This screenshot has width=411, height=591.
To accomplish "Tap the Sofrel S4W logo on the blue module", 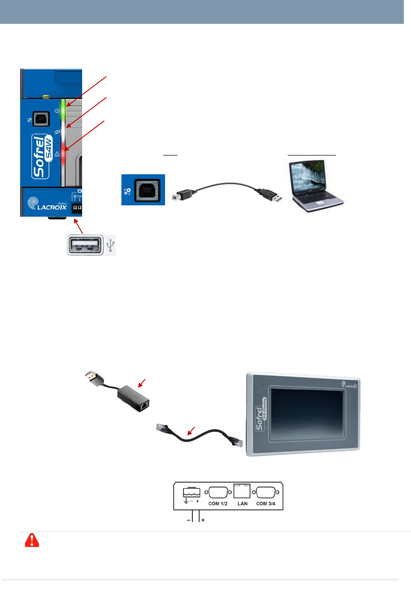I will pyautogui.click(x=42, y=156).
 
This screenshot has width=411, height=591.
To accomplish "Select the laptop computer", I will pyautogui.click(x=315, y=186).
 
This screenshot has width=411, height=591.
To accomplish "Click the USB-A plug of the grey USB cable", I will pyautogui.click(x=271, y=195).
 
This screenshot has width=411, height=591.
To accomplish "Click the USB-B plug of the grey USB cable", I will pyautogui.click(x=182, y=195).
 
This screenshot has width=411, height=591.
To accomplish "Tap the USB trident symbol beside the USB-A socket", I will pyautogui.click(x=110, y=245).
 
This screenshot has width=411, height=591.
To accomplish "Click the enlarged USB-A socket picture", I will pyautogui.click(x=86, y=245).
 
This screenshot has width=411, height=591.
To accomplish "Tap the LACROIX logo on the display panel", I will pyautogui.click(x=350, y=385).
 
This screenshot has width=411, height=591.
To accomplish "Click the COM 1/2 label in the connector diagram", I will pyautogui.click(x=218, y=503).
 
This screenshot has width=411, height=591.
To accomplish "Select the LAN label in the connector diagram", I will pyautogui.click(x=242, y=503).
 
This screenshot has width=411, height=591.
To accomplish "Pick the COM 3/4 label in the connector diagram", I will pyautogui.click(x=266, y=503).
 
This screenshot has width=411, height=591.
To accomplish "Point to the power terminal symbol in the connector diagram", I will pyautogui.click(x=191, y=493).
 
